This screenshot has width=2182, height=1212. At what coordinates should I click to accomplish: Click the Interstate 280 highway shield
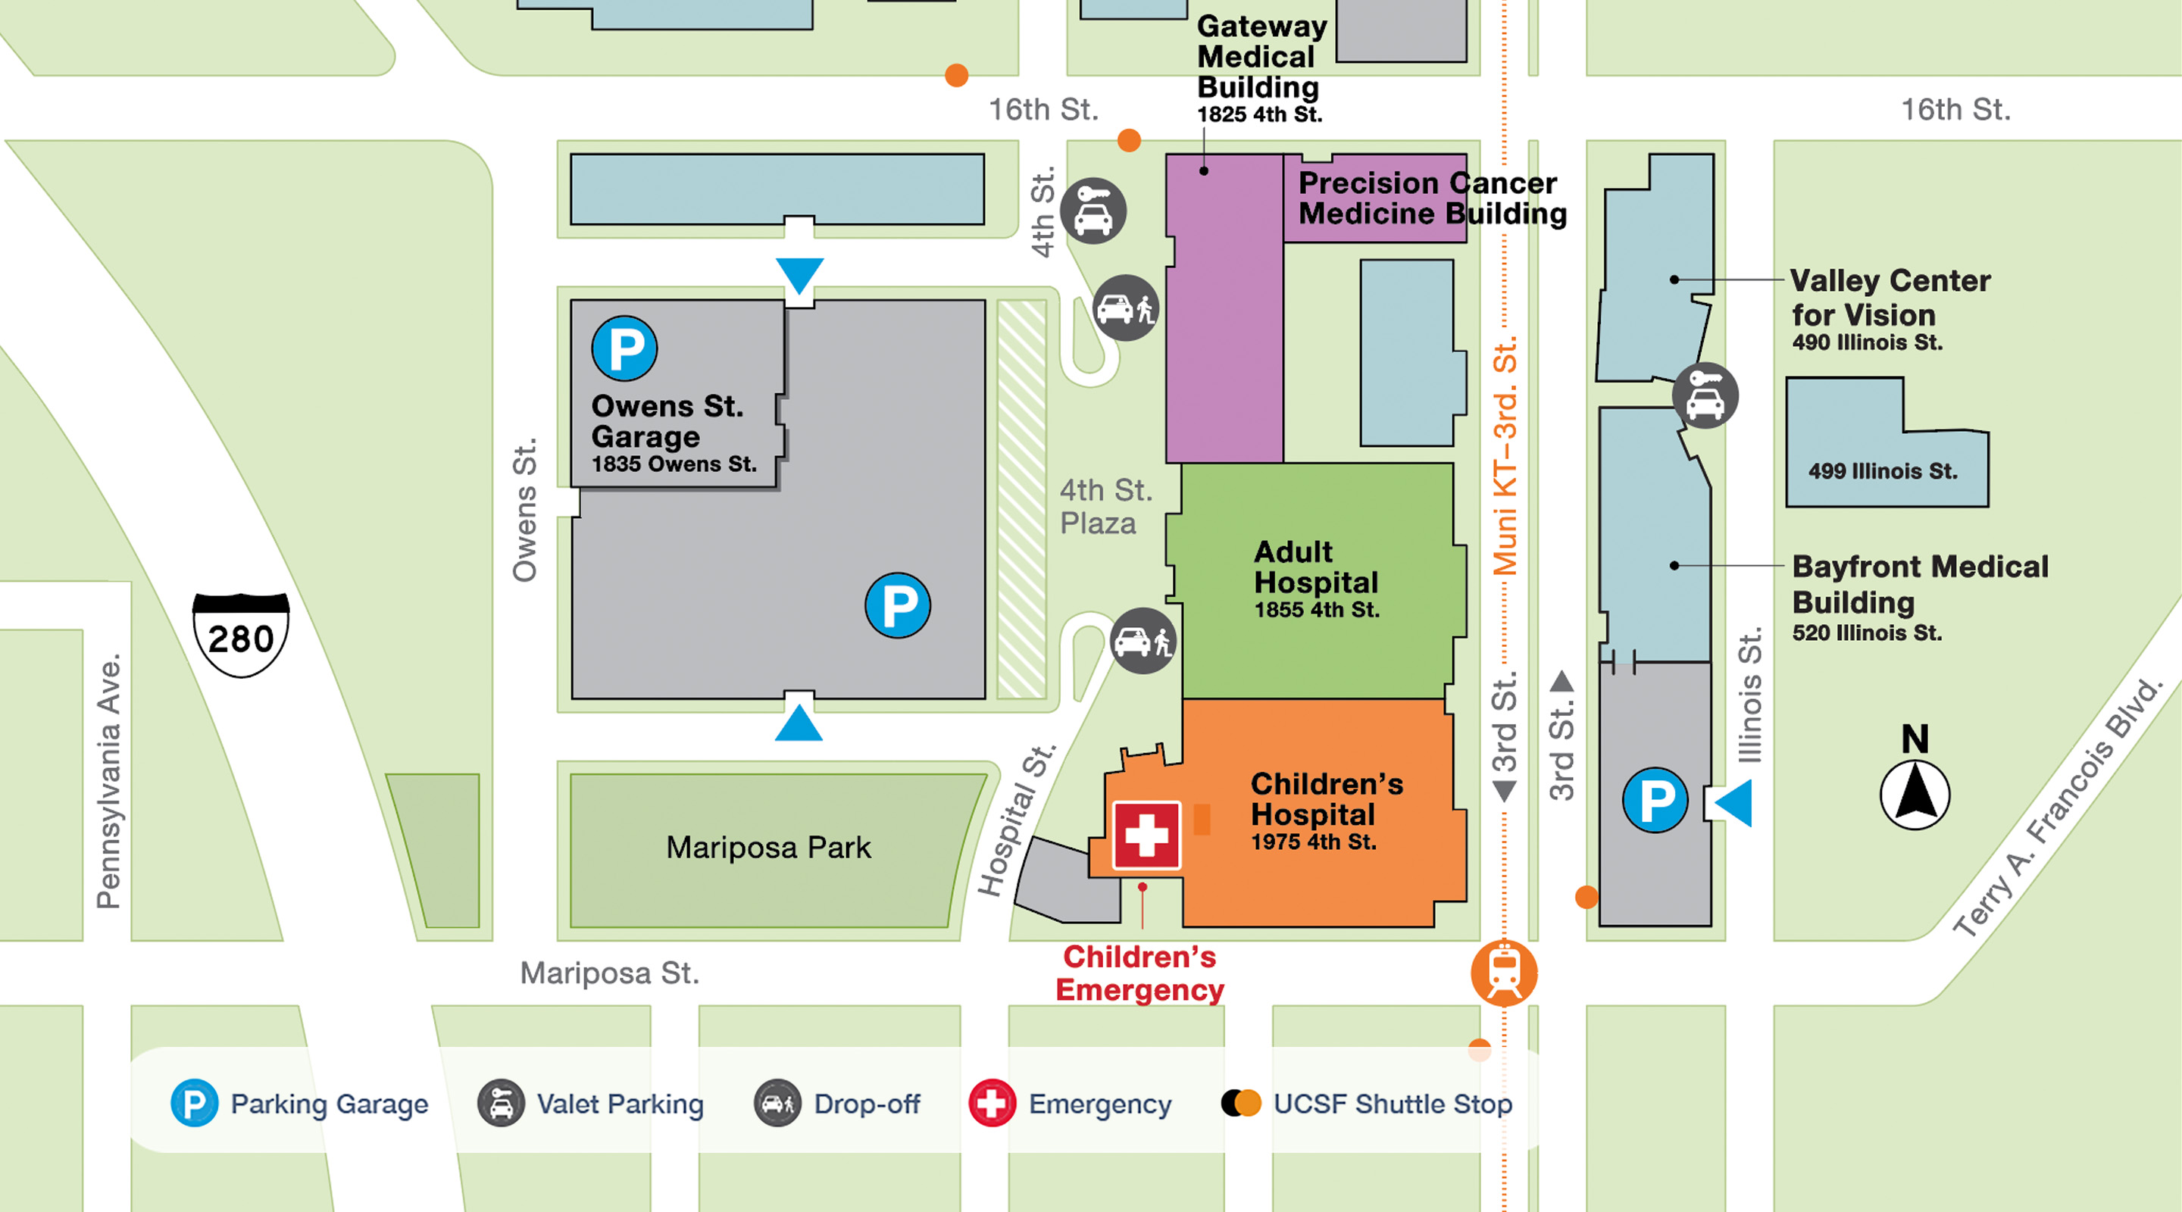pyautogui.click(x=242, y=636)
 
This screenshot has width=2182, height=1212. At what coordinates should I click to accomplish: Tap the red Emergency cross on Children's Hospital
pyautogui.click(x=1146, y=835)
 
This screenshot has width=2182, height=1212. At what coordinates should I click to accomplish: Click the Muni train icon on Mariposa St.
pyautogui.click(x=1503, y=973)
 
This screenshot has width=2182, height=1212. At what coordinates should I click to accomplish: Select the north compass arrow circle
pyautogui.click(x=1915, y=795)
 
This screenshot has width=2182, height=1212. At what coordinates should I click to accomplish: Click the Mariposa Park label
pyautogui.click(x=767, y=848)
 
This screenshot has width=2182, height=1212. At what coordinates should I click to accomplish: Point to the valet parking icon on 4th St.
pyautogui.click(x=1093, y=211)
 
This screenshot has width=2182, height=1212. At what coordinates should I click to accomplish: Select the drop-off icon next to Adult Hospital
pyautogui.click(x=1143, y=641)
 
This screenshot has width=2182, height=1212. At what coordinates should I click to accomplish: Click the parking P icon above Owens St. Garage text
pyautogui.click(x=624, y=348)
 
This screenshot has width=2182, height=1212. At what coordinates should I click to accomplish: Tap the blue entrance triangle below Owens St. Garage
pyautogui.click(x=799, y=724)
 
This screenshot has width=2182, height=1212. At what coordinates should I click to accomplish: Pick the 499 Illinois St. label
pyautogui.click(x=1882, y=471)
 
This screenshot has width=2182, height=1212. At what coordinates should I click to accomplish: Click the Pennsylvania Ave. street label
pyautogui.click(x=108, y=781)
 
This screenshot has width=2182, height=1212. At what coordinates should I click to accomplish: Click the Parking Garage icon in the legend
pyautogui.click(x=194, y=1103)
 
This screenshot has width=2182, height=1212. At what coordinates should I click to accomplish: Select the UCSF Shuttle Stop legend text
pyautogui.click(x=1392, y=1104)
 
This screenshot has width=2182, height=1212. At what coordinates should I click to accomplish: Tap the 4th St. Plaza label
pyautogui.click(x=1105, y=507)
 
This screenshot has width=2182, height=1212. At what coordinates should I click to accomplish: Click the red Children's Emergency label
pyautogui.click(x=1139, y=973)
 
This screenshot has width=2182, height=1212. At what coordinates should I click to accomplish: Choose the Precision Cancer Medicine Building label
pyautogui.click(x=1431, y=198)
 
